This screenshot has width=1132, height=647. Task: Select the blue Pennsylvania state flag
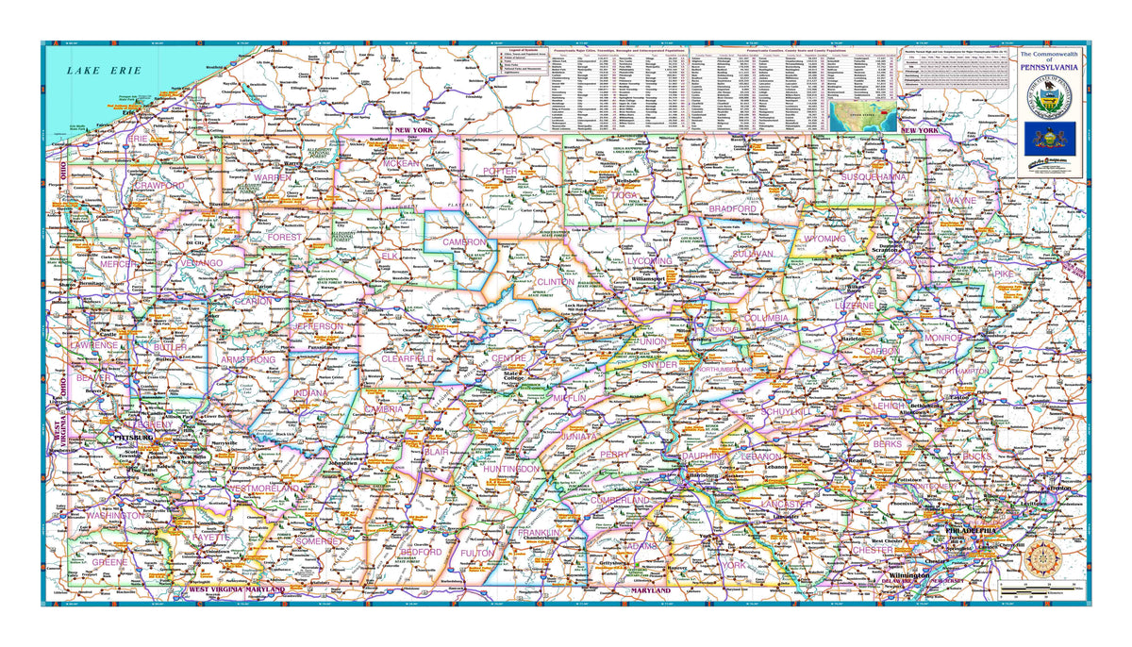(x=1052, y=141)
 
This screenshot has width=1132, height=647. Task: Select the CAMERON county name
(x=463, y=241)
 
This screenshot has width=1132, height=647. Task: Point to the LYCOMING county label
(x=649, y=259)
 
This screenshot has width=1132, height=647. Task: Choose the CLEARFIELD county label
(x=408, y=359)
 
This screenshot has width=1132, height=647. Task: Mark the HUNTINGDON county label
(x=509, y=468)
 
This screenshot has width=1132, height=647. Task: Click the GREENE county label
(x=109, y=562)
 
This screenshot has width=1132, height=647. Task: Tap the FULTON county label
(x=477, y=553)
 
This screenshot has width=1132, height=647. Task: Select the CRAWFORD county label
(x=158, y=187)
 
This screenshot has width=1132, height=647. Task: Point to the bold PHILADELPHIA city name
(x=971, y=531)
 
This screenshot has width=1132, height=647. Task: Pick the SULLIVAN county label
(x=751, y=254)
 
